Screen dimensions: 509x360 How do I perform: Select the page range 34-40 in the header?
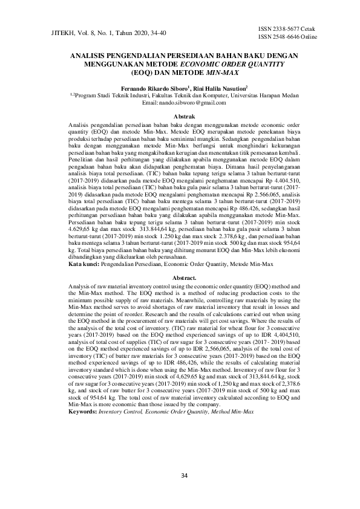coord(156,34)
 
